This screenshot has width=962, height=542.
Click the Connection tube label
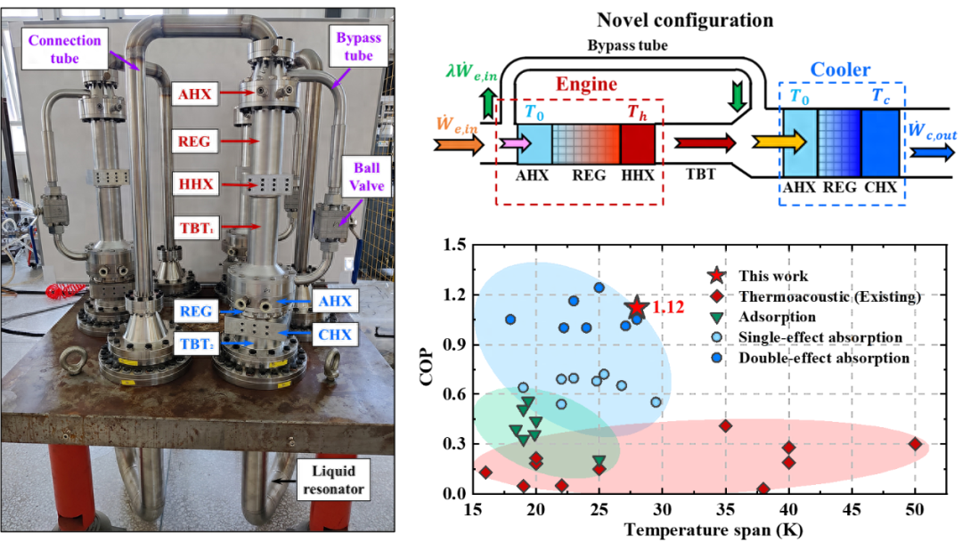(65, 48)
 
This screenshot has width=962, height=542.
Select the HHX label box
(194, 185)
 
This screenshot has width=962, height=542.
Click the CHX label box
(335, 335)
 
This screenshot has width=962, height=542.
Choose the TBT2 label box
(196, 343)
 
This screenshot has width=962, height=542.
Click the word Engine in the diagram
(586, 85)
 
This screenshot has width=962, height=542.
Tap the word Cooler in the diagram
(840, 69)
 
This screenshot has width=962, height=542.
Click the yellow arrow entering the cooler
(781, 142)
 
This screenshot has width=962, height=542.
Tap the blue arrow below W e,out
(932, 152)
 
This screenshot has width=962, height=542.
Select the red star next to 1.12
(636, 307)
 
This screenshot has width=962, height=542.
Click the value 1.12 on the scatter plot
(669, 307)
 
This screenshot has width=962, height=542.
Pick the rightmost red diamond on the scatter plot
(917, 443)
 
